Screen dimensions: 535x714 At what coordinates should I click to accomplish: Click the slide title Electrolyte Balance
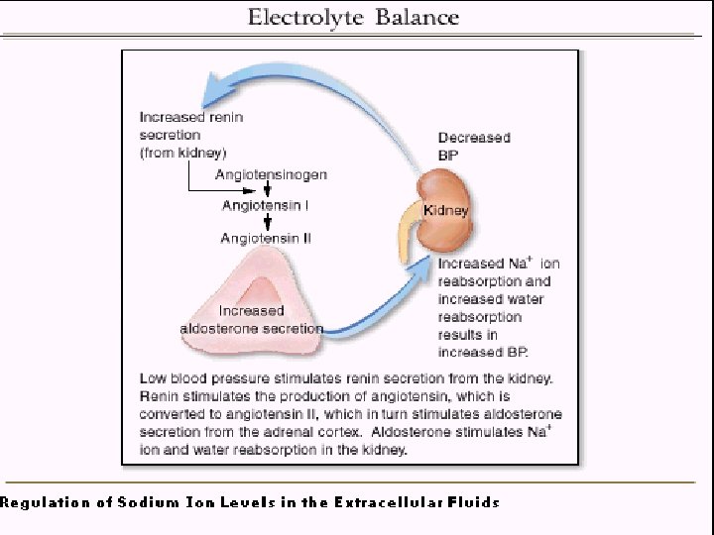[353, 17]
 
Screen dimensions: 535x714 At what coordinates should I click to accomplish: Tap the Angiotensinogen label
[271, 175]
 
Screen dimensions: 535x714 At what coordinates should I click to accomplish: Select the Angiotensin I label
[265, 206]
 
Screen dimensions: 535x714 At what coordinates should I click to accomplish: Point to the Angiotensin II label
[267, 238]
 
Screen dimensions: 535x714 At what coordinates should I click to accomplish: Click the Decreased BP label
[473, 147]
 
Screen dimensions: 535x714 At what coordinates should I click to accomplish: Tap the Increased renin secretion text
[190, 126]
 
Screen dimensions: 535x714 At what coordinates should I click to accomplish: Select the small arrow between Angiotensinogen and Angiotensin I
[267, 190]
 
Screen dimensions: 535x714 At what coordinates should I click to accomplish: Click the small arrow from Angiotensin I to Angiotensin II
[267, 222]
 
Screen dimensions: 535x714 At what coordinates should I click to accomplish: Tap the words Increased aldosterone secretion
[251, 319]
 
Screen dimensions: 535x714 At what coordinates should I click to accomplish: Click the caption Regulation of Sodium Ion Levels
[250, 502]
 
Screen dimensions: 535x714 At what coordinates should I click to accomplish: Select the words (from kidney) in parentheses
[182, 153]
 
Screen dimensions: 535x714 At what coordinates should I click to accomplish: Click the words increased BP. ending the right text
[483, 352]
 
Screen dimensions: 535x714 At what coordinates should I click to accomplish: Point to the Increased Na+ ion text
[498, 264]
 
